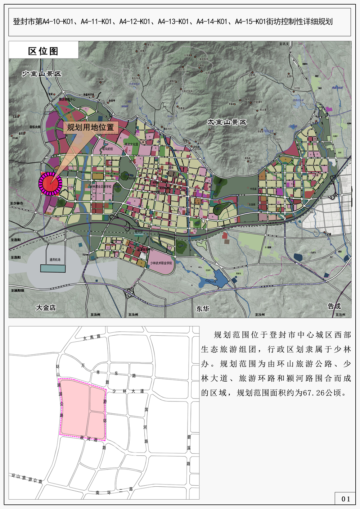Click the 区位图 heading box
pos(43,51)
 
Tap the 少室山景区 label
pos(41,74)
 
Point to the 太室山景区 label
pos(227,122)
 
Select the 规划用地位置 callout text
pos(90,127)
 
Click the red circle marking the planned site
pos(51,183)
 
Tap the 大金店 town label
pos(46,308)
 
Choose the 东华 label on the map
pos(203,309)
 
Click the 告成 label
pos(334,306)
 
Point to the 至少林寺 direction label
pos(17,204)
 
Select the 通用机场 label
pos(55,260)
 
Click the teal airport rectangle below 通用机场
pos(53,268)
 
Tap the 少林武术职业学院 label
pos(161,263)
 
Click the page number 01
pos(346,499)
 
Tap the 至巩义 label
pos(284,44)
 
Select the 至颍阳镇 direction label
pos(17,291)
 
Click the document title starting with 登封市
pos(173,22)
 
